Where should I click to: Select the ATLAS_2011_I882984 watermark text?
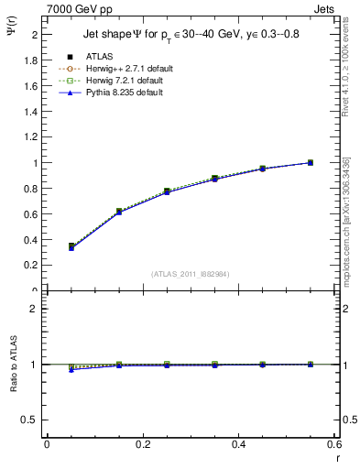(x=191, y=274)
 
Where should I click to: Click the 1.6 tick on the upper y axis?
(x=31, y=86)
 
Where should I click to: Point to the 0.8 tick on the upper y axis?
(x=31, y=189)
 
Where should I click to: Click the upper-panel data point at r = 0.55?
(x=311, y=163)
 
